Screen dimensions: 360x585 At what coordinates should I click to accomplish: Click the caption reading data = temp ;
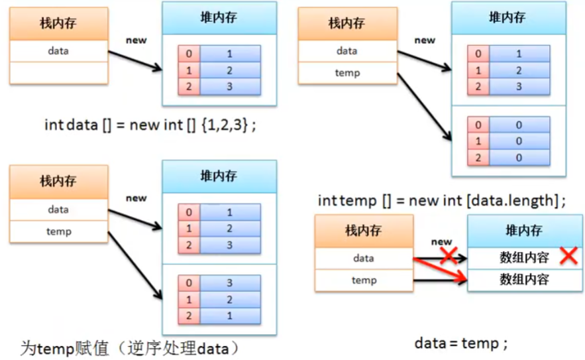[x=461, y=343]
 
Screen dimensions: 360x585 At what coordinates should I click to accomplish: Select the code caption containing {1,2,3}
[x=149, y=125]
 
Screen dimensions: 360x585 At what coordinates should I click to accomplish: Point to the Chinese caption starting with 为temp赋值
[x=129, y=347]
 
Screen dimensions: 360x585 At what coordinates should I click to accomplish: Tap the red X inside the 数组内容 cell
[x=568, y=256]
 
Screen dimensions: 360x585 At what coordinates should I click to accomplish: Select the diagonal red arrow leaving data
[x=441, y=270]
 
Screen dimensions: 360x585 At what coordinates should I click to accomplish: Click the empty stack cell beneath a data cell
[x=58, y=72]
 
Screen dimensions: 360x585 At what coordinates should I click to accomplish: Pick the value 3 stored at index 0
[x=229, y=282]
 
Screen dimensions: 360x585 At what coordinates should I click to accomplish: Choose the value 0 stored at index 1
[x=519, y=141]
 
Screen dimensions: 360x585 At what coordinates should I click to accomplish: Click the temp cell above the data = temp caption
[x=364, y=280]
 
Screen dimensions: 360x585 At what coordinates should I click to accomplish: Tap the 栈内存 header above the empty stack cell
[x=58, y=24]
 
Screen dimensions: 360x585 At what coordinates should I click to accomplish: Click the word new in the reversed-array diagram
[x=136, y=198]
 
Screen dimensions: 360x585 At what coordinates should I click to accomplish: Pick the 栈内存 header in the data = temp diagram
[x=364, y=232]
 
